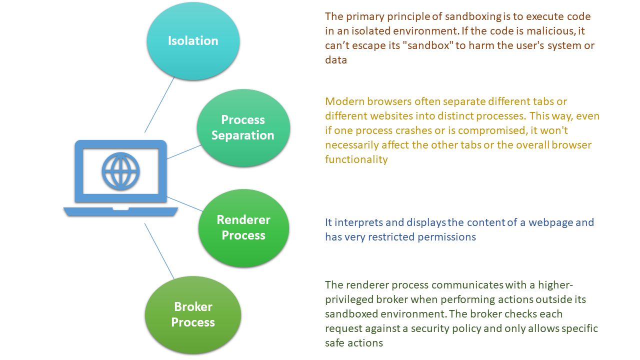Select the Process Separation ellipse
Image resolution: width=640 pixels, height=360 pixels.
pyautogui.click(x=243, y=128)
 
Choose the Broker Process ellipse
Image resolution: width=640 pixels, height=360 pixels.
pyautogui.click(x=193, y=315)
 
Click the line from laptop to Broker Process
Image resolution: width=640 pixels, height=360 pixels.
pyautogui.click(x=159, y=250)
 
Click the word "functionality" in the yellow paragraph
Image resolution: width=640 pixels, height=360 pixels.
pyautogui.click(x=356, y=159)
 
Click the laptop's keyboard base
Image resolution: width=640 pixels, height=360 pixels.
pyautogui.click(x=120, y=211)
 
